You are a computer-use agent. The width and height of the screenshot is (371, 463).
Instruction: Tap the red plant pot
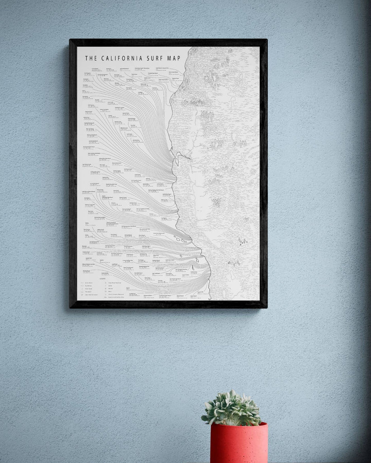(238, 445)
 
